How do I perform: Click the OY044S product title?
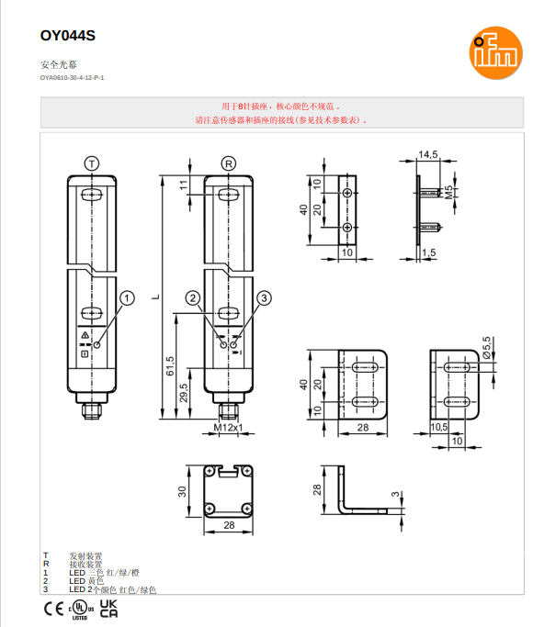click(x=67, y=36)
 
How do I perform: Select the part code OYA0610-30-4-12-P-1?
click(x=72, y=78)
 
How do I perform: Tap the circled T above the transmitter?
click(x=91, y=162)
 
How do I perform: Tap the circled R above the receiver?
click(x=229, y=162)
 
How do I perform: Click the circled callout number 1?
click(x=127, y=297)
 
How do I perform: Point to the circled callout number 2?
click(x=192, y=297)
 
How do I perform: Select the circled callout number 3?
click(x=264, y=297)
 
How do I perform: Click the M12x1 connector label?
click(x=228, y=428)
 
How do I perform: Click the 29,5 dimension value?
click(x=184, y=393)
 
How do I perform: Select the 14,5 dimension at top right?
click(x=427, y=154)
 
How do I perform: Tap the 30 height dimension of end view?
click(x=182, y=491)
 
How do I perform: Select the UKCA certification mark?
click(x=108, y=609)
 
